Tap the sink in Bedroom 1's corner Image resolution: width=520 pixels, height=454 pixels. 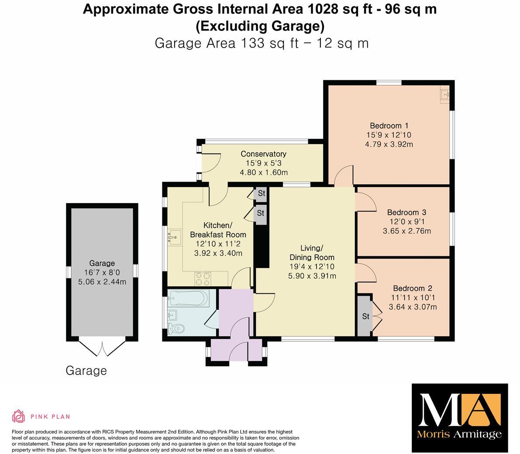pyautogui.click(x=445, y=94)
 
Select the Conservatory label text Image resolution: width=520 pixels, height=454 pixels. pyautogui.click(x=263, y=154)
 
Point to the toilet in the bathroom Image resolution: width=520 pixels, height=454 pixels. pyautogui.click(x=176, y=328)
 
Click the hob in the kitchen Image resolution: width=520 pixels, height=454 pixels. pyautogui.click(x=203, y=276)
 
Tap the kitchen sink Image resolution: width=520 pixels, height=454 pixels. pyautogui.click(x=175, y=237)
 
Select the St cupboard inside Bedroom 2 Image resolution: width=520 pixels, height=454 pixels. pyautogui.click(x=365, y=316)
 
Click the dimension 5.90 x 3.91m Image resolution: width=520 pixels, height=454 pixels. pyautogui.click(x=312, y=276)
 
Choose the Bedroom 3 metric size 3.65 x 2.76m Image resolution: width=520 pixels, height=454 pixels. pyautogui.click(x=406, y=231)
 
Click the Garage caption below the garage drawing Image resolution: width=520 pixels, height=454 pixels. pyautogui.click(x=86, y=371)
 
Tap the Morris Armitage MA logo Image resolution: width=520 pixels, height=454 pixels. pyautogui.click(x=460, y=417)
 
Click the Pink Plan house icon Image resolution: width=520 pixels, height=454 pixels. pyautogui.click(x=18, y=416)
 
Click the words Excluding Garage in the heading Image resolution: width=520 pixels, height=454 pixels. pyautogui.click(x=260, y=27)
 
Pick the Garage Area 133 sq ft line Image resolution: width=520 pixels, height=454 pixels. pyautogui.click(x=262, y=44)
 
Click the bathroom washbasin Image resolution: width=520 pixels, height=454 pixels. pyautogui.click(x=173, y=314)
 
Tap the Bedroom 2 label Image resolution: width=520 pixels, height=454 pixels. pyautogui.click(x=412, y=288)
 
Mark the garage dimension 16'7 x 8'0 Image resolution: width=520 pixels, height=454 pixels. pyautogui.click(x=102, y=272)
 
